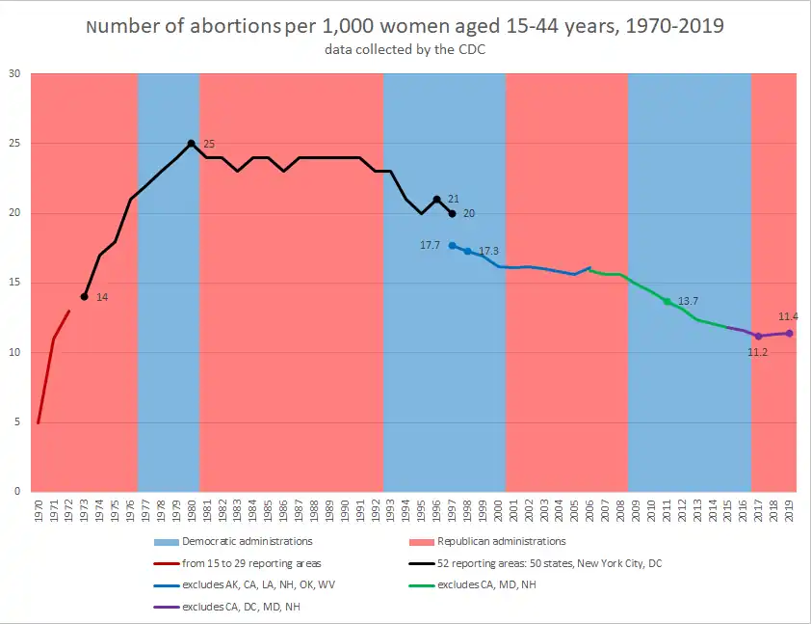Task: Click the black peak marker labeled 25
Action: coord(192,144)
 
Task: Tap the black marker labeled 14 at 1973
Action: coord(84,297)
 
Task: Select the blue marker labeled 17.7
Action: coord(452,246)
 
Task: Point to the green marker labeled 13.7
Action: coord(667,302)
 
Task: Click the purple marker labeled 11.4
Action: coord(790,334)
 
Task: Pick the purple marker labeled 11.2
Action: coord(759,337)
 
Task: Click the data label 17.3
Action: coord(489,252)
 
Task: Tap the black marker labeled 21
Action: coord(436,200)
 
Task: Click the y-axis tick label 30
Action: coord(14,74)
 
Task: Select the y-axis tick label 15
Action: coord(14,283)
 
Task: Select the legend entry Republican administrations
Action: coord(501,542)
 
